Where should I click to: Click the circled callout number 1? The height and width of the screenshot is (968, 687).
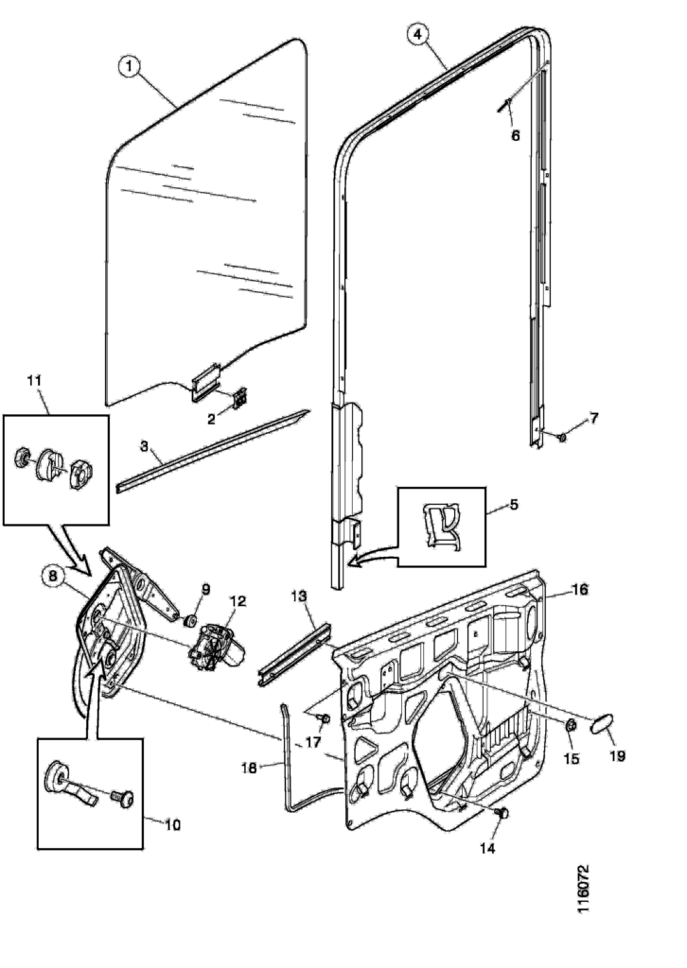pos(130,65)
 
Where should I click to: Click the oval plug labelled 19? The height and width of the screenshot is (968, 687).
pos(601,726)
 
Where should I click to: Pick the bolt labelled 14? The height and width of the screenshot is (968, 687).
pos(502,813)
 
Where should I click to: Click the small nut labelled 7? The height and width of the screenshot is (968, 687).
pos(563,438)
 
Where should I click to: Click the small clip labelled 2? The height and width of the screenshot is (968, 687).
pos(238,398)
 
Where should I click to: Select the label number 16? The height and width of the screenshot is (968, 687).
pos(580,589)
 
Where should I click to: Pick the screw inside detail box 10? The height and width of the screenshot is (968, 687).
pos(122,797)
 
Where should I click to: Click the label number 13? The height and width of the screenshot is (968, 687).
pos(299,597)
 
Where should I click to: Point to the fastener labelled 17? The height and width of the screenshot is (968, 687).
pos(325,720)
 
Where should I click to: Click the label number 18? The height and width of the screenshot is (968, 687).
pos(249,768)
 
